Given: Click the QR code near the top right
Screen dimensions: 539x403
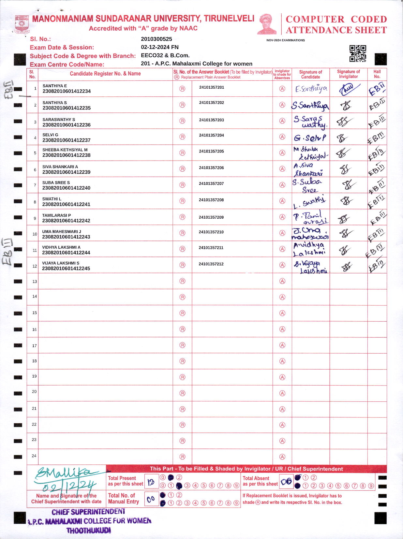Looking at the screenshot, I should coord(358,53).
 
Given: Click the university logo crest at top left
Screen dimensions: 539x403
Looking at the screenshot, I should coord(22,24).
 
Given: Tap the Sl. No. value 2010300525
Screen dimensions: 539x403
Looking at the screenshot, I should coord(156,39).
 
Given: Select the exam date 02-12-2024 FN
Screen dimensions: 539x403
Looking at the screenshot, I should coord(159,47).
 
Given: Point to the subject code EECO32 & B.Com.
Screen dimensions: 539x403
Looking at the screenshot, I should coord(165,55).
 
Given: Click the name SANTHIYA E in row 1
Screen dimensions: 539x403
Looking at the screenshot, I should coord(54,86).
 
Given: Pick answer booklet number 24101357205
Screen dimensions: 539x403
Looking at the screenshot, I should coord(211,152).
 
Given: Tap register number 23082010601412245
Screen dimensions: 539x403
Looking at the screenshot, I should coord(66,269).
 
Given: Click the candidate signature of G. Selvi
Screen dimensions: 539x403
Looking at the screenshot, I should coord(310,138).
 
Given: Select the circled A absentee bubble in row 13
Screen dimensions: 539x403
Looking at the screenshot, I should coord(282,281).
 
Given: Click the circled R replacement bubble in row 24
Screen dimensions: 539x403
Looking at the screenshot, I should coord(182,457).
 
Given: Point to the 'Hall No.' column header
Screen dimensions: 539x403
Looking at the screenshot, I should coord(377,74).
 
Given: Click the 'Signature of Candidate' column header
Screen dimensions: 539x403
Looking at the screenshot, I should coord(310,74).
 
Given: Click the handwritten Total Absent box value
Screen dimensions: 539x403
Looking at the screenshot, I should coord(286,482).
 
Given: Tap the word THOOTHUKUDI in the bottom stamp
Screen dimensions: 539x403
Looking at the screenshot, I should coord(89,531).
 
